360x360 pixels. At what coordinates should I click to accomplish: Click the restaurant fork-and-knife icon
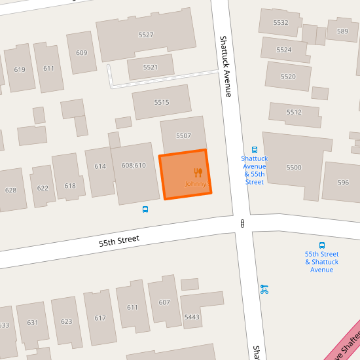(x=198, y=173)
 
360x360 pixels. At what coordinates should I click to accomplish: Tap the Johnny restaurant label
(x=196, y=184)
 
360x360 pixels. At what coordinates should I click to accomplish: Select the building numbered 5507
(x=183, y=135)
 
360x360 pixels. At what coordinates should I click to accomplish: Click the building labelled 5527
(x=146, y=35)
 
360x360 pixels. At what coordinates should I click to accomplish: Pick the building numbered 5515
(x=162, y=102)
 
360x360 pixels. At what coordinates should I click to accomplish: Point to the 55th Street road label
(x=119, y=240)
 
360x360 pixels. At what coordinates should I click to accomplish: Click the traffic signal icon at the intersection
(x=243, y=224)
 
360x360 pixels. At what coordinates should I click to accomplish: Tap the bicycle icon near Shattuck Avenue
(x=264, y=288)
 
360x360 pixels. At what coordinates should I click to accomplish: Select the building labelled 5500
(x=294, y=168)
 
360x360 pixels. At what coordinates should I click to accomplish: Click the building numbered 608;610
(x=134, y=166)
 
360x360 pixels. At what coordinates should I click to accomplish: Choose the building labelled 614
(x=100, y=166)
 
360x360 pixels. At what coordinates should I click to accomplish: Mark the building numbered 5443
(x=192, y=317)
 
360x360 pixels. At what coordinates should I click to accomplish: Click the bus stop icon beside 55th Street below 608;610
(x=145, y=209)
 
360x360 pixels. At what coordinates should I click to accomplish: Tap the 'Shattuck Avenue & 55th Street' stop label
(x=255, y=170)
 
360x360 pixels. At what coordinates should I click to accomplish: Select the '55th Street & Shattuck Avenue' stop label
(x=321, y=261)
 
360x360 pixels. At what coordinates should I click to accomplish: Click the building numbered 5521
(x=151, y=67)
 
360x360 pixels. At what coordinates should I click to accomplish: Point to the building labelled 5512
(x=294, y=112)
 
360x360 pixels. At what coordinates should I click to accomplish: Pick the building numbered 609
(x=82, y=53)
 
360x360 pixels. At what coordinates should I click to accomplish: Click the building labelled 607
(x=164, y=302)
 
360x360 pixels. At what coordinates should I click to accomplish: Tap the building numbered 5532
(x=281, y=22)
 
